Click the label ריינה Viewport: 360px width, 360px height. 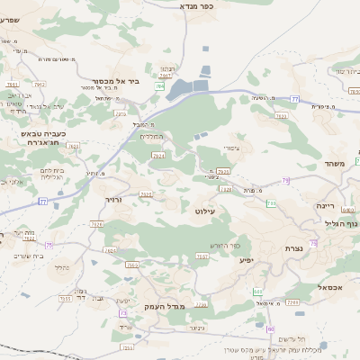pyautogui.click(x=325, y=205)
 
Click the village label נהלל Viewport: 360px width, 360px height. pyautogui.click(x=61, y=267)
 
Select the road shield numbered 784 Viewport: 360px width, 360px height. pyautogui.click(x=159, y=86)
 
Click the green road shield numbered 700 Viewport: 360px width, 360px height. pyautogui.click(x=271, y=203)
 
